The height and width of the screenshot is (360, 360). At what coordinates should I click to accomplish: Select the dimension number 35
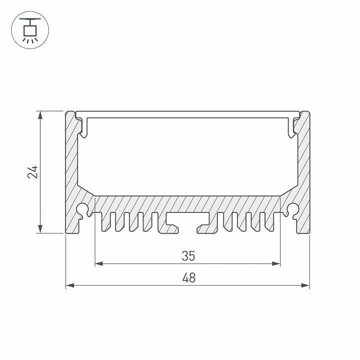[187, 256]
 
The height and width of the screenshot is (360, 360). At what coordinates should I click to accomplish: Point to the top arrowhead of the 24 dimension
[40, 114]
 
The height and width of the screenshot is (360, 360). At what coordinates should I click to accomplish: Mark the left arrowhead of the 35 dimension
[98, 263]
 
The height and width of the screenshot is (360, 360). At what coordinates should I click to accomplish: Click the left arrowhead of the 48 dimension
[69, 285]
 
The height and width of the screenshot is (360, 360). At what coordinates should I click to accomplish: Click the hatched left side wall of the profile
[70, 165]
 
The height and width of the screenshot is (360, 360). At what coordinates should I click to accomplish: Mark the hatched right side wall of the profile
[304, 165]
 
